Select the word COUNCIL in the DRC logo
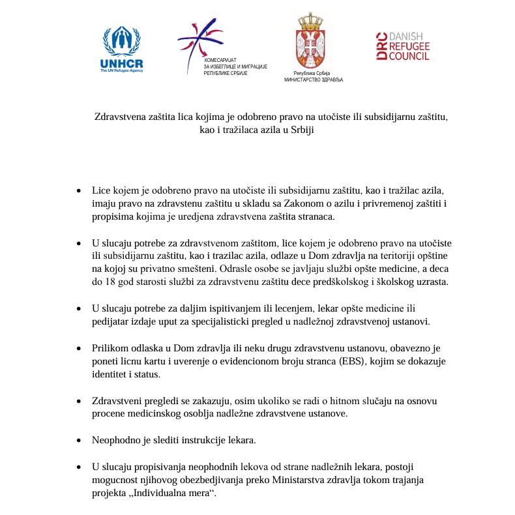[409, 57]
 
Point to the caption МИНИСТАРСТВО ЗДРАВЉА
[313, 80]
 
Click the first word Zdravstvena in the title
[120, 117]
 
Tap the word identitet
[111, 374]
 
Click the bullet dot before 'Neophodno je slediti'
[79, 440]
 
